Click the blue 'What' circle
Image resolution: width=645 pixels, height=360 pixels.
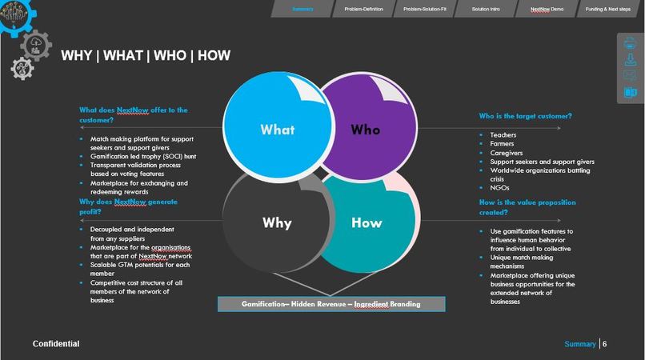[277, 129]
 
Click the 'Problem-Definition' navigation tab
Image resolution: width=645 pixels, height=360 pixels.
[363, 9]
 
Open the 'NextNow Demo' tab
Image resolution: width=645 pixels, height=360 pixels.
[547, 9]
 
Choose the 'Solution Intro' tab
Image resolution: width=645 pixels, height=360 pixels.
[486, 9]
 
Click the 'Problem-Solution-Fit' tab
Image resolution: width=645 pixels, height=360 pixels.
[424, 9]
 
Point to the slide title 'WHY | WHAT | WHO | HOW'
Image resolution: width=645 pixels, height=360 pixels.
[146, 55]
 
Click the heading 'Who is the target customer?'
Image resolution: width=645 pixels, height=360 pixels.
[525, 116]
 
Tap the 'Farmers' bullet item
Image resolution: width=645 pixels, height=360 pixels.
[503, 144]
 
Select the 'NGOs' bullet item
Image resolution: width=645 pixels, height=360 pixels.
[499, 188]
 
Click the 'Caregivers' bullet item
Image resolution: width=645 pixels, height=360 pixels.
[507, 153]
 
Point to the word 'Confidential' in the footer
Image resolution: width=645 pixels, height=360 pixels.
[55, 344]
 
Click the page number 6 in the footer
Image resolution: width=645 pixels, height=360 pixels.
[605, 344]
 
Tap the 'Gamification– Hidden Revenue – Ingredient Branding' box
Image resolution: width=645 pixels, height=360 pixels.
[331, 304]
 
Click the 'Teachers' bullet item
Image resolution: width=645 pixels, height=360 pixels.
[504, 135]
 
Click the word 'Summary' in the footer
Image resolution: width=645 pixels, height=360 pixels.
[580, 344]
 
